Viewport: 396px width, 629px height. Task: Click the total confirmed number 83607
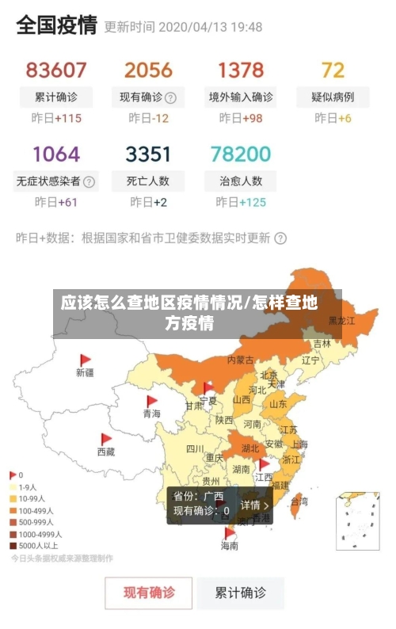[x=56, y=70]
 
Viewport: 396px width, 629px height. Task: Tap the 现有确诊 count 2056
[x=148, y=70]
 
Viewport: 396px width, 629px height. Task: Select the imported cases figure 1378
[x=241, y=70]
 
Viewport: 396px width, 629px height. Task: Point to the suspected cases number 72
[x=333, y=70]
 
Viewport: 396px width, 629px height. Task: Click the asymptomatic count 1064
[x=56, y=153]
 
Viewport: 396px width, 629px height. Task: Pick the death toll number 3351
[x=148, y=153]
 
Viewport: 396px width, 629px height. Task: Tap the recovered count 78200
[x=241, y=153]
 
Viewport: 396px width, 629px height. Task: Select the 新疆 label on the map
[x=85, y=372]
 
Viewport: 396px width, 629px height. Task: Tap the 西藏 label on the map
[x=106, y=452]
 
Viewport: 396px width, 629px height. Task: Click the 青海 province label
[x=151, y=414]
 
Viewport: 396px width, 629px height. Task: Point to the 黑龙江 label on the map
[x=342, y=321]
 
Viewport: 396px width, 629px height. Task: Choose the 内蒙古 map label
[x=241, y=360]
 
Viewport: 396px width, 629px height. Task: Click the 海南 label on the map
[x=229, y=546]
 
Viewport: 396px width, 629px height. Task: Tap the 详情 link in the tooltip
[x=254, y=505]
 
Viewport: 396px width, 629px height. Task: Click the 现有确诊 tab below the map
[x=149, y=592]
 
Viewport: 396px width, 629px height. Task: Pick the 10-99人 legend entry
[x=32, y=499]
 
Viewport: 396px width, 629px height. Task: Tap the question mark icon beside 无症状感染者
[x=89, y=181]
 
